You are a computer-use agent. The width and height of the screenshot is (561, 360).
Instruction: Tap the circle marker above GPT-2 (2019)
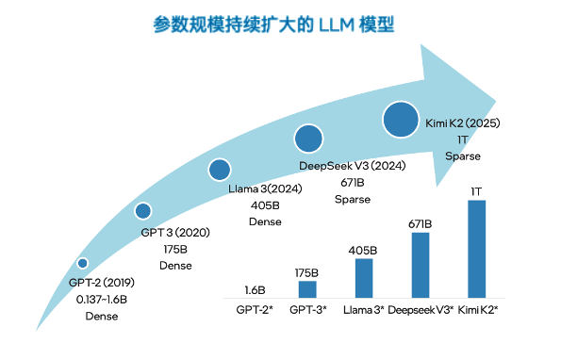(83, 263)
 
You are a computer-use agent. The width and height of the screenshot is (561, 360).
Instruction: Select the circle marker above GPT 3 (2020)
(142, 211)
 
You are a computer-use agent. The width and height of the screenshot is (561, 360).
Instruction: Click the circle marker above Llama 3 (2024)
(220, 170)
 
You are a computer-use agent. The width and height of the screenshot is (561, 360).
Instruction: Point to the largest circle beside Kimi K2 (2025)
(401, 120)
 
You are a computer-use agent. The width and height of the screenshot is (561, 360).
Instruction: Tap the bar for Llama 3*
(364, 278)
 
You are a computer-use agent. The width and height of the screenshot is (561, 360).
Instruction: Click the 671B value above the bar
(421, 223)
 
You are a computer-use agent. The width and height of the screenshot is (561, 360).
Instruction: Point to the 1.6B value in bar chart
(254, 290)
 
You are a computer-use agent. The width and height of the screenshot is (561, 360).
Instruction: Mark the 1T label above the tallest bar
(476, 191)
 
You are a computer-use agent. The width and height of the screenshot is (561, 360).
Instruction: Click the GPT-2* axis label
(254, 309)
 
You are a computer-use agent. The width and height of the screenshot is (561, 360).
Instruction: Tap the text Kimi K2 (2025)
(463, 123)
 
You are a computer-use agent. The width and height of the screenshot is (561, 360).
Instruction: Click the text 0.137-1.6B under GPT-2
(102, 299)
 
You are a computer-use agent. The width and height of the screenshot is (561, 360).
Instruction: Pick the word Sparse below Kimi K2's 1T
(463, 156)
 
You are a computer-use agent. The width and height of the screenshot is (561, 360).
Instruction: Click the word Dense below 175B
(174, 266)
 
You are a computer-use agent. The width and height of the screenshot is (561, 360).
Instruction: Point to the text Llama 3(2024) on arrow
(265, 188)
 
